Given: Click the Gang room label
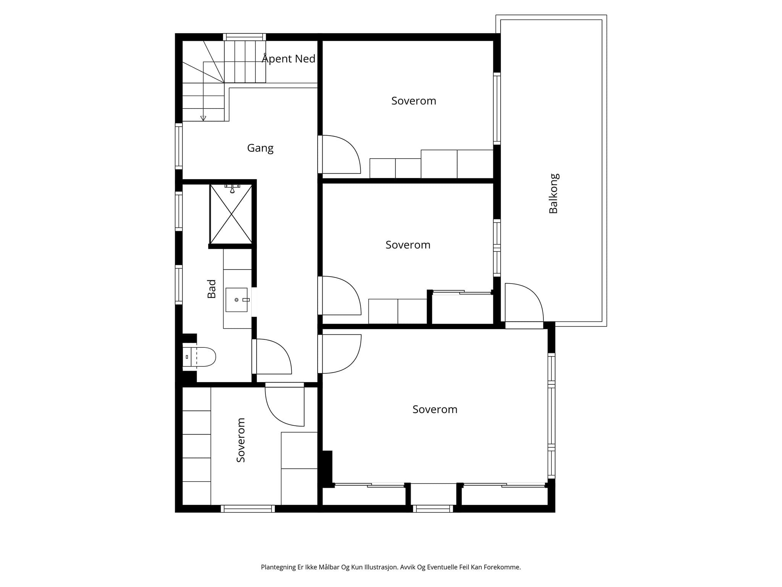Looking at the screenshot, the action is [x=260, y=148].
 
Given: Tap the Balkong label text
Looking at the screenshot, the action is [x=553, y=193].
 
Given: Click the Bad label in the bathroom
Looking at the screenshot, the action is [x=212, y=289].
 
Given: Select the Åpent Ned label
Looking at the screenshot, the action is [x=288, y=58].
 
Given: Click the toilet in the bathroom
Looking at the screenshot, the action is [x=199, y=357].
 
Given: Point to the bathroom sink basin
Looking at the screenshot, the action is [x=237, y=300].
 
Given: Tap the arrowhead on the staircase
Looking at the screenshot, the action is [x=203, y=118].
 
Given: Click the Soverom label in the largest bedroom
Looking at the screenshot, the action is [x=435, y=410].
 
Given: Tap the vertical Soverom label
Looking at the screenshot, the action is [x=241, y=440].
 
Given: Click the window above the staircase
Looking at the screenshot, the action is [x=244, y=37].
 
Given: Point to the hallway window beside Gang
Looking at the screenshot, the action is [x=179, y=146].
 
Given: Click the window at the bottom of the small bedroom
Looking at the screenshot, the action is [x=248, y=509].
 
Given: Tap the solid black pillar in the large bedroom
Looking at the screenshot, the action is [x=327, y=468].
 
